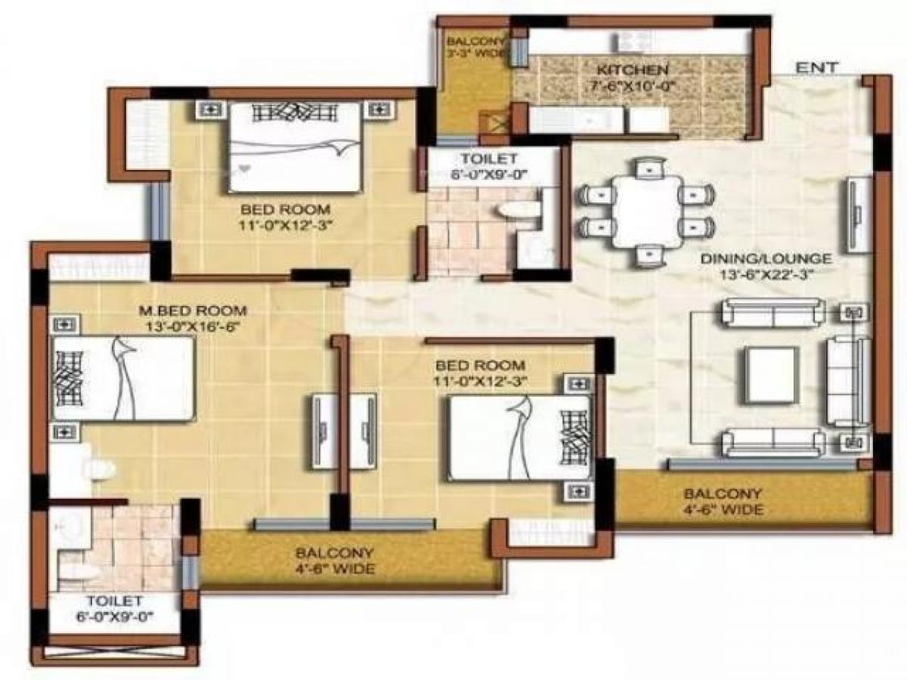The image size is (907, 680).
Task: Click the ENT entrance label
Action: pyautogui.click(x=817, y=67)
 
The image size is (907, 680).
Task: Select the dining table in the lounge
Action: pyautogui.click(x=647, y=212)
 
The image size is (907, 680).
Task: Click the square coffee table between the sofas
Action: pyautogui.click(x=772, y=374)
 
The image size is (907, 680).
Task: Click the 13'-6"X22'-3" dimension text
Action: pyautogui.click(x=766, y=276)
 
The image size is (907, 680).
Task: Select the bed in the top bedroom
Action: pyautogui.click(x=295, y=147)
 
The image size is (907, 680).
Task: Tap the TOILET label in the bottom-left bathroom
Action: pyautogui.click(x=104, y=600)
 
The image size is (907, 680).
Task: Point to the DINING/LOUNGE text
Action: pyautogui.click(x=766, y=259)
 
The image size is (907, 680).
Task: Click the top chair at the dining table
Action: pyautogui.click(x=648, y=168)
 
